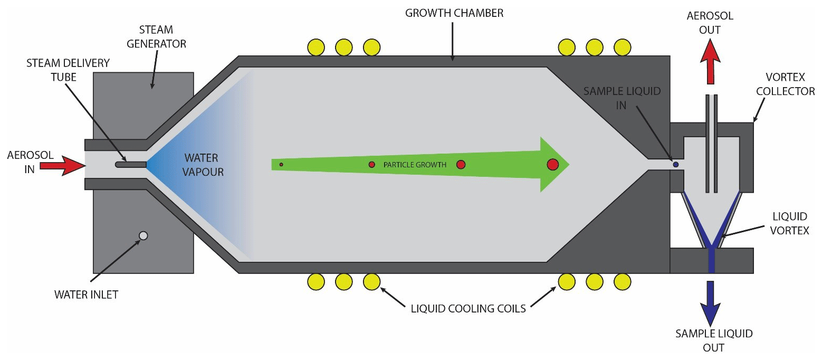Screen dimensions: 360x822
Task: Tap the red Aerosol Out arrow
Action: click(710, 63)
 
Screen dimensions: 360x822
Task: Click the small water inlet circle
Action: click(142, 235)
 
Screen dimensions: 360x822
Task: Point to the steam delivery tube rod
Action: click(131, 165)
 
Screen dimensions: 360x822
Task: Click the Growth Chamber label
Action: click(454, 13)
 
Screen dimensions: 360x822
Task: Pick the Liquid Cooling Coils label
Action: click(469, 308)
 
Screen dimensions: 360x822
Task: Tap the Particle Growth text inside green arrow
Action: click(415, 165)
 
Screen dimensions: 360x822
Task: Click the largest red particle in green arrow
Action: click(552, 164)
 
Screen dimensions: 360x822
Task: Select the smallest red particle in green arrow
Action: click(281, 165)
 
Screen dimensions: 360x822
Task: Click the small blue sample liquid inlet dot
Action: click(675, 165)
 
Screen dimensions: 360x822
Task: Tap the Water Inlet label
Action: click(86, 295)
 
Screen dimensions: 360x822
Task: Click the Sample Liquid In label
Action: click(622, 98)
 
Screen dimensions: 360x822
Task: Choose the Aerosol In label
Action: click(23, 163)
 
